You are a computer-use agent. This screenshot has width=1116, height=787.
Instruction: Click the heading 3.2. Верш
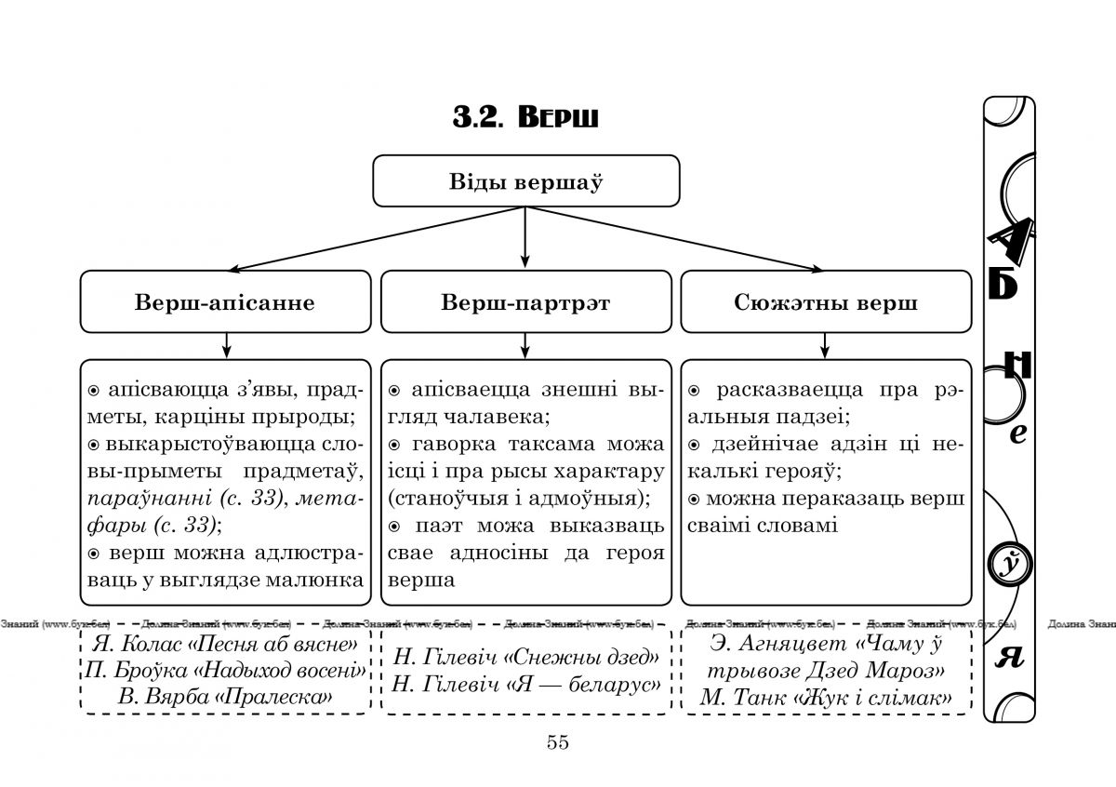525,118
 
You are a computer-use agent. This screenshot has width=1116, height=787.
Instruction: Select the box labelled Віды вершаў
525,180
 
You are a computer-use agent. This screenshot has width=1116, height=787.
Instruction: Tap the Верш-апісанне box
224,302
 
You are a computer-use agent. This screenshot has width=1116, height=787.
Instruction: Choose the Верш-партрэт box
525,302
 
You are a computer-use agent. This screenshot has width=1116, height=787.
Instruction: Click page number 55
558,742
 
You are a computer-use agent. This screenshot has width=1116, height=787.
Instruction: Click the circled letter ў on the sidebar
1008,565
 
